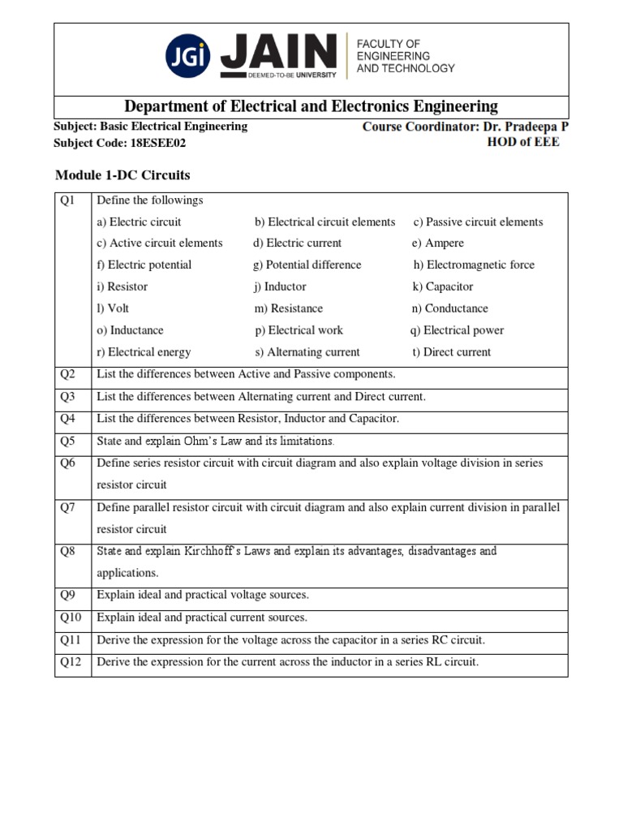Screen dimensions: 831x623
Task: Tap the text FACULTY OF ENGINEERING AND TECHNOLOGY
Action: tap(406, 56)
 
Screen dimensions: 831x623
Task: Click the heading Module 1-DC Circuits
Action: tap(122, 174)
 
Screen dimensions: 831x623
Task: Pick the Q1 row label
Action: tap(67, 200)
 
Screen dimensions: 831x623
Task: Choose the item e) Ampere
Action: tap(438, 243)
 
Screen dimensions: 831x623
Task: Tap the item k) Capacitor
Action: tap(443, 286)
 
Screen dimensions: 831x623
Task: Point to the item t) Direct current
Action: tap(451, 352)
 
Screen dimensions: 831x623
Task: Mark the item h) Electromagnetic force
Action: tap(474, 265)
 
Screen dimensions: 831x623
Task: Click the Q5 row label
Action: tap(67, 441)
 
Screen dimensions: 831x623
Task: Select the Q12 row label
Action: tap(71, 662)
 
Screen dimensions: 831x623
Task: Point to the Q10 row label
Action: tap(71, 618)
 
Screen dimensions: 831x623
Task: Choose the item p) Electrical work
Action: tap(299, 330)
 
